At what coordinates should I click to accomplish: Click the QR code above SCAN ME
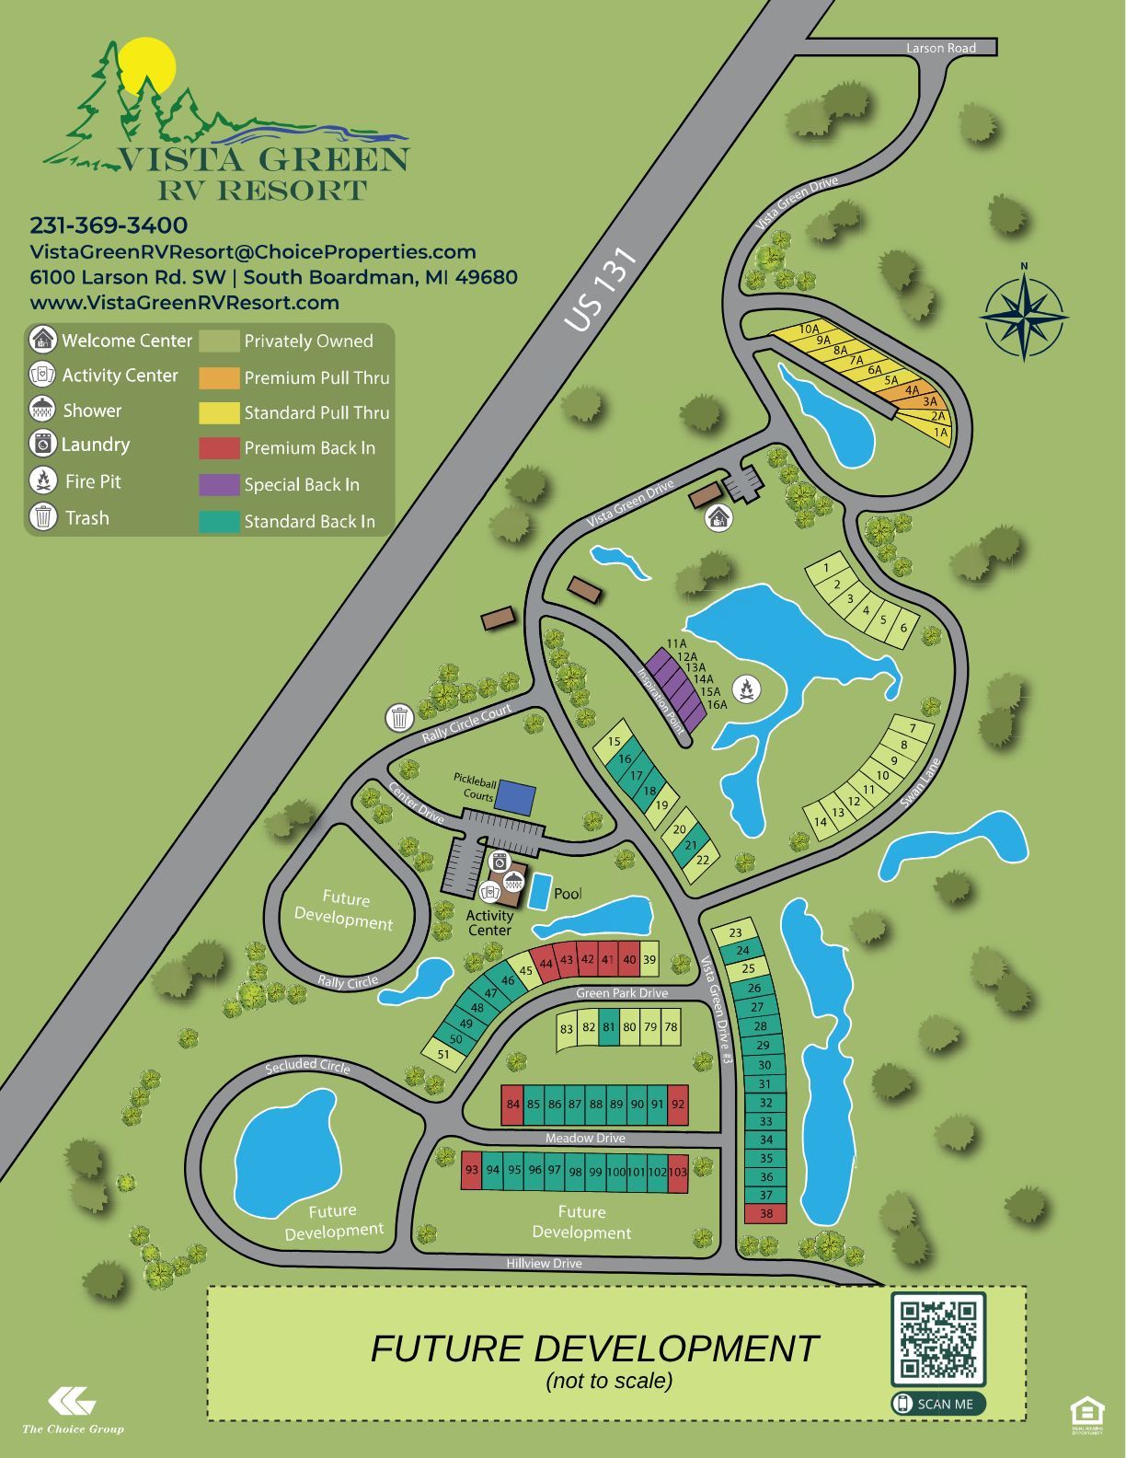click(x=937, y=1338)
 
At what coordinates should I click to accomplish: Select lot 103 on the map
click(x=678, y=1173)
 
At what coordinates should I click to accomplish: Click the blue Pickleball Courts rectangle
click(x=513, y=797)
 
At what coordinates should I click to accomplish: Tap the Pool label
click(x=568, y=894)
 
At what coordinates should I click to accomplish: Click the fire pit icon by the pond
click(x=746, y=687)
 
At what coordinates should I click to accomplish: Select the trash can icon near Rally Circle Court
click(x=399, y=716)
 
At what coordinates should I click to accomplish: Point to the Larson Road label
click(x=940, y=48)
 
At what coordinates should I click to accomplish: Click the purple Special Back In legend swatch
click(x=219, y=484)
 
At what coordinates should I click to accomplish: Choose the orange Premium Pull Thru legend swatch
click(x=219, y=377)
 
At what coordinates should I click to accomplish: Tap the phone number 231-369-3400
click(x=109, y=226)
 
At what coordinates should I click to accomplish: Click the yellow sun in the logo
click(x=147, y=64)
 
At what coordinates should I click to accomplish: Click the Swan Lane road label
click(x=920, y=783)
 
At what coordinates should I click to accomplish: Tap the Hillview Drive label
click(x=544, y=1263)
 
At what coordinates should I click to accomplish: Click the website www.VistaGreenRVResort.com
click(x=184, y=303)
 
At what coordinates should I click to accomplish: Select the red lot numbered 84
click(x=513, y=1105)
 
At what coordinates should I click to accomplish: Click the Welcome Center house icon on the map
click(x=719, y=518)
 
